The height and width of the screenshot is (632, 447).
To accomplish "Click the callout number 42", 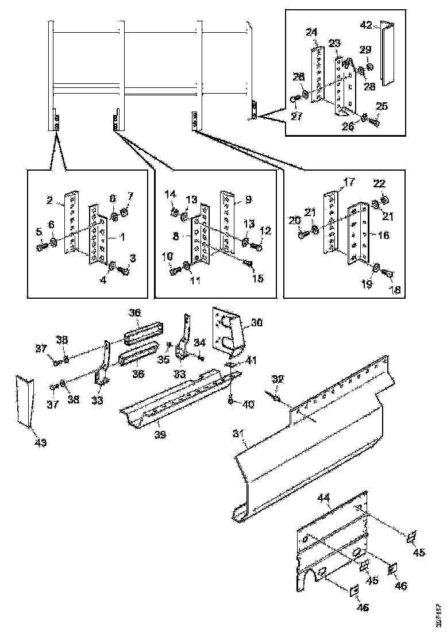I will pyautogui.click(x=367, y=25).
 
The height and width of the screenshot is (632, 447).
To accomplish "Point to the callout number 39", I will pyautogui.click(x=160, y=435).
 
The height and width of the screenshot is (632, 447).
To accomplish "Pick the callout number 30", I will pyautogui.click(x=257, y=323).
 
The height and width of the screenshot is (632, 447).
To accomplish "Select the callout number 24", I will pyautogui.click(x=312, y=33).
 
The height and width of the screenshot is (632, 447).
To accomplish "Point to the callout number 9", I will pyautogui.click(x=248, y=200).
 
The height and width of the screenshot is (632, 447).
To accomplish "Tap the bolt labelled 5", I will pyautogui.click(x=41, y=246).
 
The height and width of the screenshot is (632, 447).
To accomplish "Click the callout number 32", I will pyautogui.click(x=279, y=379).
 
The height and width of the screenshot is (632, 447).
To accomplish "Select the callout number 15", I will pyautogui.click(x=258, y=279).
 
